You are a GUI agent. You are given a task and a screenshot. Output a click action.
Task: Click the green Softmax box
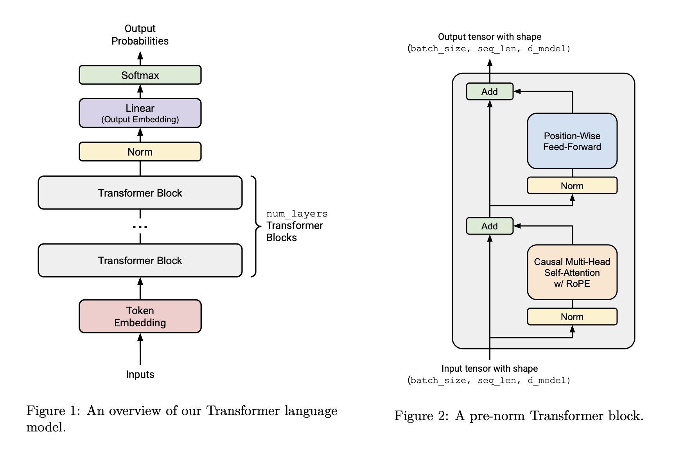[x=140, y=75]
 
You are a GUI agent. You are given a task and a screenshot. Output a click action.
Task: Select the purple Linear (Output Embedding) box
[x=140, y=113]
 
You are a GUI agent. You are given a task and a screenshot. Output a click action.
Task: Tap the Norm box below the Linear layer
[x=140, y=152]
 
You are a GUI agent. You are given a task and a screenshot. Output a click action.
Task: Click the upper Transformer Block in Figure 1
[x=140, y=193]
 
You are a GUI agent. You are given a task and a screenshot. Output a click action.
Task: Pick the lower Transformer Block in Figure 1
[x=140, y=260]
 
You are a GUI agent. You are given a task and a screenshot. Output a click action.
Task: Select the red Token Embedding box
[x=140, y=316]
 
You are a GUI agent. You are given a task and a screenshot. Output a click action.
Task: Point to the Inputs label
[x=140, y=374]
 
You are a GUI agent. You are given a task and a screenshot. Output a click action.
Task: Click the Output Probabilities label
[x=140, y=35]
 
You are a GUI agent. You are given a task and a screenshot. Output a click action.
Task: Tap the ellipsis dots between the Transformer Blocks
[x=140, y=227]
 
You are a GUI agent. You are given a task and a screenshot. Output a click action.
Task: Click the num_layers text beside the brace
[x=297, y=214]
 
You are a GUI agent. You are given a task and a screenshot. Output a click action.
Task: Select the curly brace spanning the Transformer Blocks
[x=256, y=226]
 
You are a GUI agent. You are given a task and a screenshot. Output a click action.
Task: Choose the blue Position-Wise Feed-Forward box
[x=572, y=141]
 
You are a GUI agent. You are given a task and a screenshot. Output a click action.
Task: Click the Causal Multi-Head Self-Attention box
[x=572, y=272]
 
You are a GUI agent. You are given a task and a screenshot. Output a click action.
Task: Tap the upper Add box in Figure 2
[x=490, y=91]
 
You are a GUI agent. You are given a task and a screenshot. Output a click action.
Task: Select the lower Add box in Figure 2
[x=490, y=226]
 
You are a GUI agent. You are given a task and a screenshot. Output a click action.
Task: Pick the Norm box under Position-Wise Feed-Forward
[x=572, y=186]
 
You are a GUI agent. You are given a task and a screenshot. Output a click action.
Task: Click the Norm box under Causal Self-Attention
[x=572, y=317]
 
